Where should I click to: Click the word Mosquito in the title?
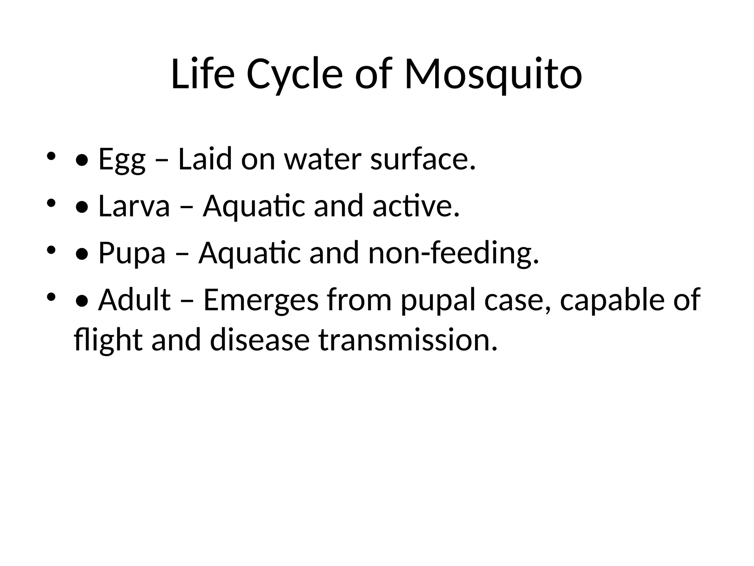pos(493,75)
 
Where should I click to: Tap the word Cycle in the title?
pos(294,75)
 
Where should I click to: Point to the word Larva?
pos(134,206)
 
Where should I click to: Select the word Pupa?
pos(132,254)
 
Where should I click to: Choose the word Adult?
pos(134,300)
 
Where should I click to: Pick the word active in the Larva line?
pos(416,206)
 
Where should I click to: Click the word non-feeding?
pos(453,254)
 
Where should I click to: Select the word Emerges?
pos(261,301)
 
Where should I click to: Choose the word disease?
pos(260,340)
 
